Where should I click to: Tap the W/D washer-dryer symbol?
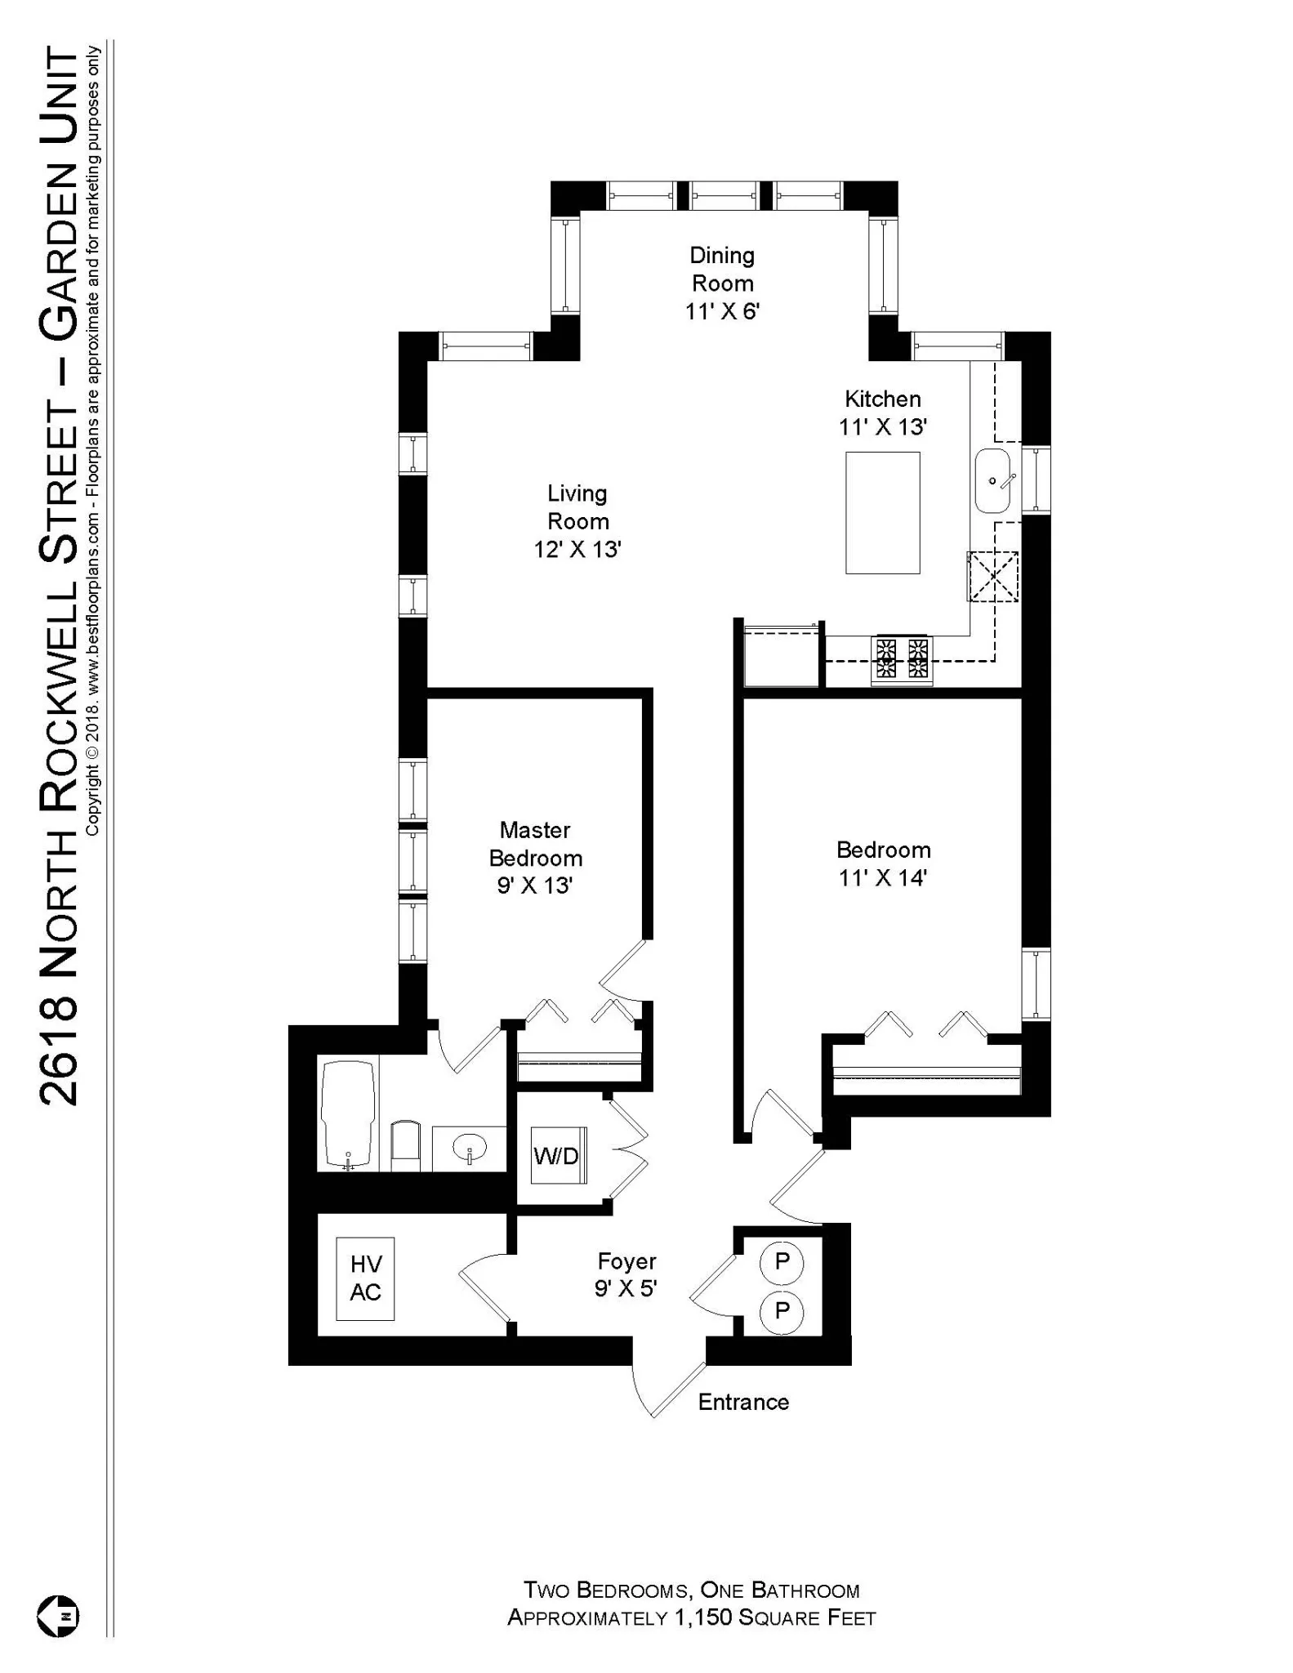(x=558, y=1155)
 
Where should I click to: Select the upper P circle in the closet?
(x=782, y=1261)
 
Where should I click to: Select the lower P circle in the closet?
(x=782, y=1311)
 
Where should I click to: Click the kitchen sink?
(x=992, y=481)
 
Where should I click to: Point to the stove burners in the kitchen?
(x=903, y=658)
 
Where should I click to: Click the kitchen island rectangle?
(x=882, y=513)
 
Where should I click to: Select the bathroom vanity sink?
(x=470, y=1148)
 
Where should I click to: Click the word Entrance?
(x=743, y=1402)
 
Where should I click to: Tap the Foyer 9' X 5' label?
(x=626, y=1275)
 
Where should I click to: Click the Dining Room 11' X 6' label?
(x=722, y=283)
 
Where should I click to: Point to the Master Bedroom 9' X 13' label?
(x=535, y=858)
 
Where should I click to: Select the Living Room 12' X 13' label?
(x=577, y=521)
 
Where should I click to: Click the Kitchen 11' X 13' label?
(x=882, y=413)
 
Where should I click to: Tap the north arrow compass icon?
(x=58, y=1616)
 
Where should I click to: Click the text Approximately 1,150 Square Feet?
(x=691, y=1617)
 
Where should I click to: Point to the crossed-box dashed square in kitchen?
(x=992, y=577)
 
